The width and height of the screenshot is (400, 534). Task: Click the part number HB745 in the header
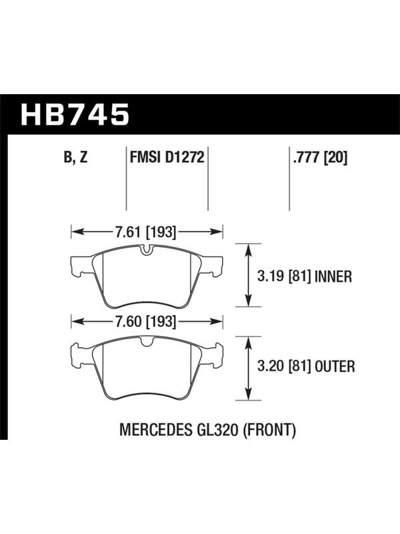(75, 114)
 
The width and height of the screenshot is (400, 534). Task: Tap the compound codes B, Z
(75, 158)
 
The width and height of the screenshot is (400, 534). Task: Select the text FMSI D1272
(167, 158)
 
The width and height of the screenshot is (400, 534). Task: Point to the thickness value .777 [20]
(320, 158)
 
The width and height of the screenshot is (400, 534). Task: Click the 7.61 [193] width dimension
(145, 232)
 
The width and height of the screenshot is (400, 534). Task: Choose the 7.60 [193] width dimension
(145, 322)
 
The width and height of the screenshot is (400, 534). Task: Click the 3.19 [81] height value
(285, 276)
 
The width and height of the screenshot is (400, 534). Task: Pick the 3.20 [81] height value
(285, 366)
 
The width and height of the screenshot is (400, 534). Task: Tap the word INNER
(333, 276)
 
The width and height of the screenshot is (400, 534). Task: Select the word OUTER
(335, 366)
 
